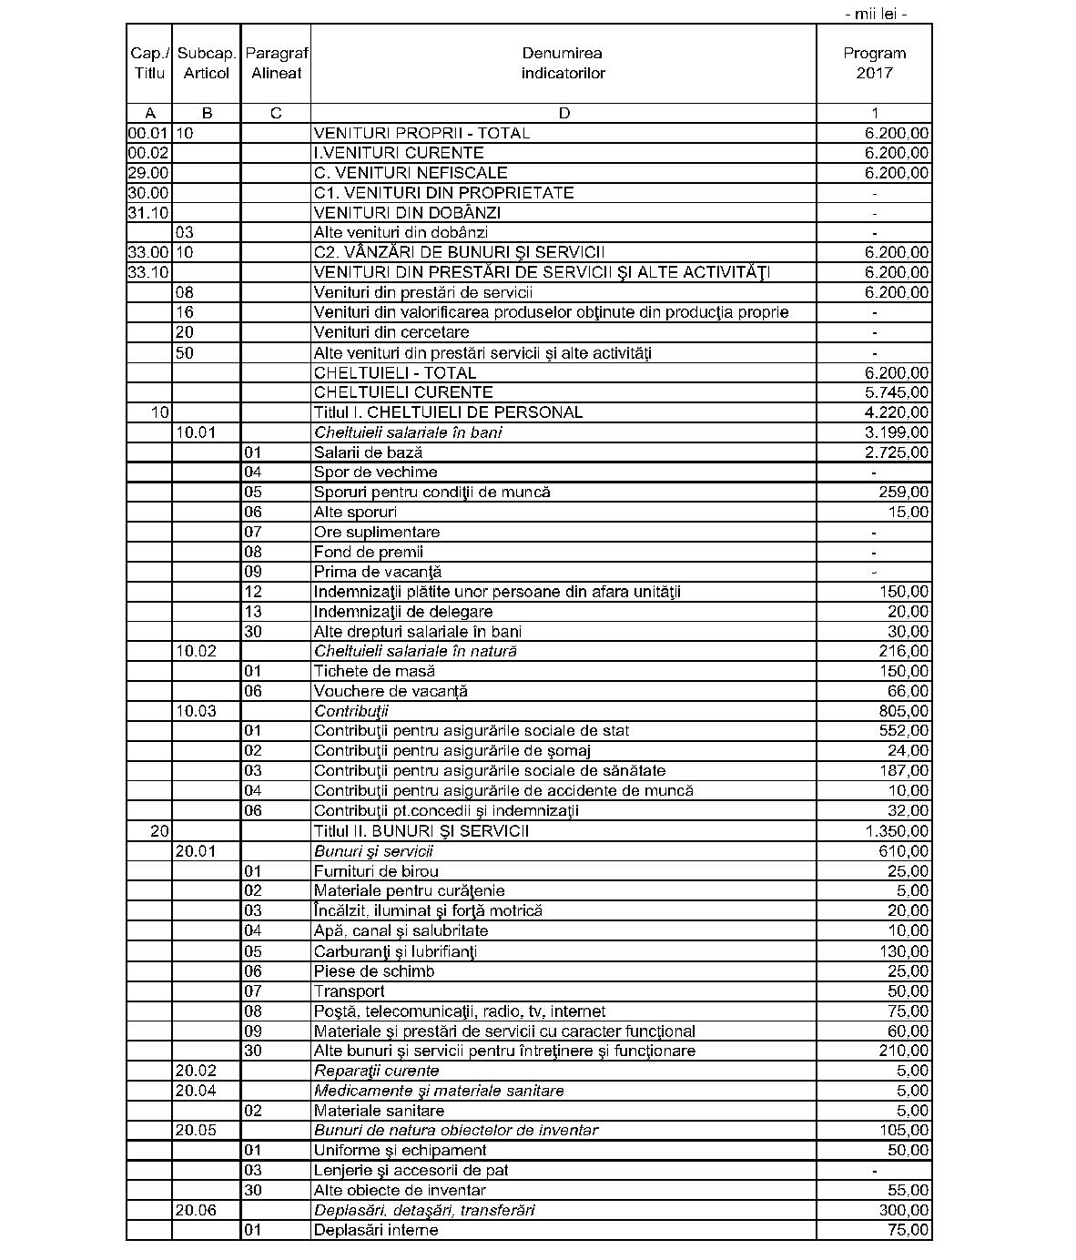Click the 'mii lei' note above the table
click(876, 14)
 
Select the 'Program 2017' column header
click(874, 63)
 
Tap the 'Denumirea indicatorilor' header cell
click(563, 63)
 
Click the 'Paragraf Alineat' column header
click(276, 63)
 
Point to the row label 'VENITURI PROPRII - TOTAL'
click(421, 133)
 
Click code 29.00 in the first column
click(148, 173)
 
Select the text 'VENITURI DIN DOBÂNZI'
click(407, 213)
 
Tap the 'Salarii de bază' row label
click(368, 452)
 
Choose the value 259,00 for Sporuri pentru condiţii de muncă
click(904, 493)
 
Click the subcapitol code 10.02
click(196, 652)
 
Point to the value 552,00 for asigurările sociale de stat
click(904, 731)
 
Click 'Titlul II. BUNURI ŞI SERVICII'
click(421, 831)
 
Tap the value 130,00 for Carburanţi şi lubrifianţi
click(904, 951)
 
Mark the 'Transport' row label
click(349, 991)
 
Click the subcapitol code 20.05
click(196, 1131)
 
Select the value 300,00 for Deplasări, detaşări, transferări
click(904, 1210)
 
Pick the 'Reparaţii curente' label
click(376, 1071)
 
